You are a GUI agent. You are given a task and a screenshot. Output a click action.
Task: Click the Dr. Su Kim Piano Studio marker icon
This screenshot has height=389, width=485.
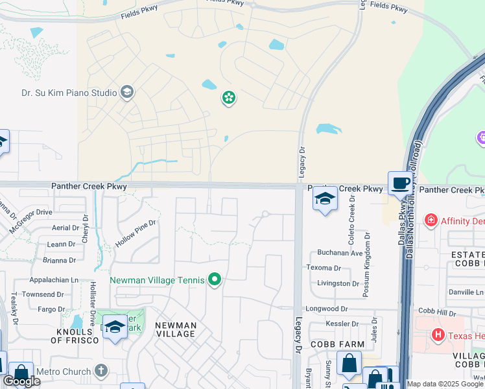point(126,92)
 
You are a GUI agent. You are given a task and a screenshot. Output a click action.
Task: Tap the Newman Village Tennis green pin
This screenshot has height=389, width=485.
point(215,280)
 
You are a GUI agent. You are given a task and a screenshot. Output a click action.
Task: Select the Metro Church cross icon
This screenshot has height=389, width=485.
point(100,370)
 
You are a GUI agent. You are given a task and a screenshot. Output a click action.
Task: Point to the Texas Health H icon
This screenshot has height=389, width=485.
point(438,335)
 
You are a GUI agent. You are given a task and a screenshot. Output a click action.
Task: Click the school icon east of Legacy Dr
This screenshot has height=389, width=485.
point(325,198)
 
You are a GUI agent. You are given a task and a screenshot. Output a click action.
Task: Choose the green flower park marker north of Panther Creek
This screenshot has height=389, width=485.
point(228,98)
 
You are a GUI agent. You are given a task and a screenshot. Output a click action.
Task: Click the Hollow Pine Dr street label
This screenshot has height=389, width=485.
point(136,232)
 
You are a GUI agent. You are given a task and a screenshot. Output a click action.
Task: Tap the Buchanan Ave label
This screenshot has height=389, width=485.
point(340,252)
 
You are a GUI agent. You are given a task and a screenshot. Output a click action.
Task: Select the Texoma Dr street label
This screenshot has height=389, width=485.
point(324,268)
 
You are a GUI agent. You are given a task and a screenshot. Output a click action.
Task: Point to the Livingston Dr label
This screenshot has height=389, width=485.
point(338,283)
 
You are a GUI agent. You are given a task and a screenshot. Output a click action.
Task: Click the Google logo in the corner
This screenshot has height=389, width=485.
point(21,381)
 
